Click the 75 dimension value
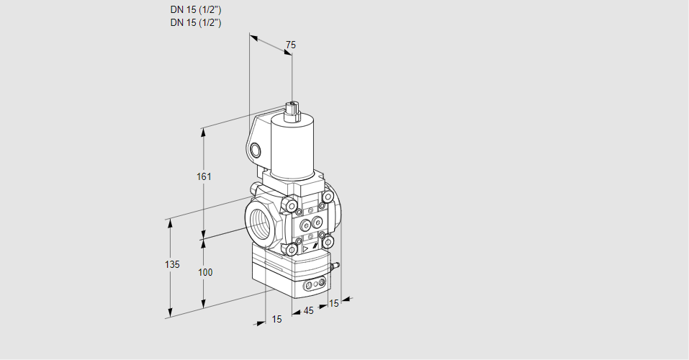pos(290,45)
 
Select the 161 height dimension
pos(205,177)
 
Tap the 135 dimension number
pos(171,265)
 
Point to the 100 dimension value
pos(205,272)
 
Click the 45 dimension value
pos(308,311)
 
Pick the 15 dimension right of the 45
pos(333,304)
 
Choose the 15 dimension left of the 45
pos(276,319)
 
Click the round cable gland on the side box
pos(256,150)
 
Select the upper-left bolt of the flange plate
pos(292,207)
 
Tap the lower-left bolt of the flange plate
pos(292,249)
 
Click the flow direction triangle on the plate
pos(305,248)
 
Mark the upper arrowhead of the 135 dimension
pos(171,222)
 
